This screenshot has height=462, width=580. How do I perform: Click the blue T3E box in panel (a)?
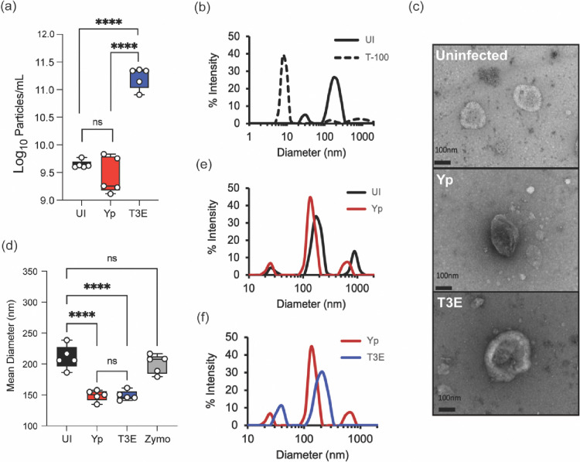coord(139,77)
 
